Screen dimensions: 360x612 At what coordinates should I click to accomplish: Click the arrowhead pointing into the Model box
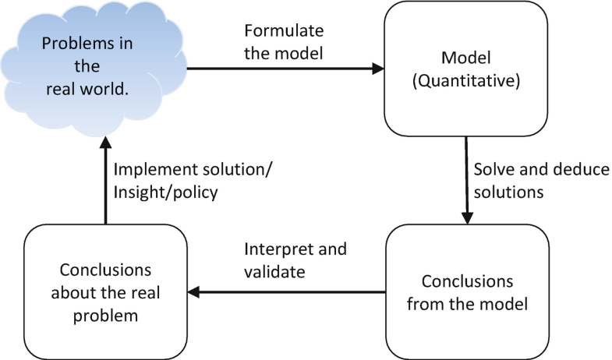click(378, 69)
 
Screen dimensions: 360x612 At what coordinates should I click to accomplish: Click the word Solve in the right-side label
click(493, 170)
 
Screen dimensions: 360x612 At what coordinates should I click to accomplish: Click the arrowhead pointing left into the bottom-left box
click(194, 292)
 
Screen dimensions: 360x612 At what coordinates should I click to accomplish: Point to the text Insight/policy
click(162, 192)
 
